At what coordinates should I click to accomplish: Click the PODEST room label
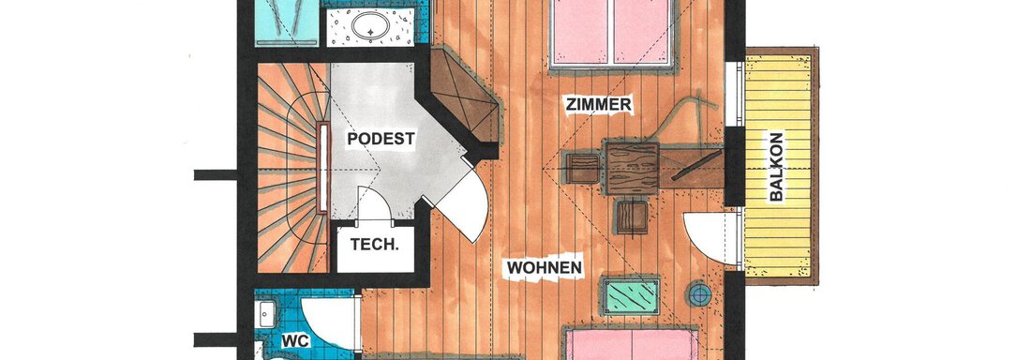381,140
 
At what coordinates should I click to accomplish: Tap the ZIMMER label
598,104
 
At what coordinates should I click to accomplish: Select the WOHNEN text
545,268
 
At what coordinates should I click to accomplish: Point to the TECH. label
374,245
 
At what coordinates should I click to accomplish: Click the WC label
295,341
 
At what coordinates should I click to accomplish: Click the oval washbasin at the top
370,26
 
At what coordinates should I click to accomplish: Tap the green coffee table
631,295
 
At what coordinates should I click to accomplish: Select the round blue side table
699,293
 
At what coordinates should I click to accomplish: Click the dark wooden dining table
632,169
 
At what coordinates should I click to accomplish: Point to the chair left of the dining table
582,169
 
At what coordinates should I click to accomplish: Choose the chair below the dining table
632,217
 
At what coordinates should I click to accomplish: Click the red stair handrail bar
322,168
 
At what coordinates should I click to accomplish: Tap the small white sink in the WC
265,314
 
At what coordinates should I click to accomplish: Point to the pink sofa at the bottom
633,343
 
